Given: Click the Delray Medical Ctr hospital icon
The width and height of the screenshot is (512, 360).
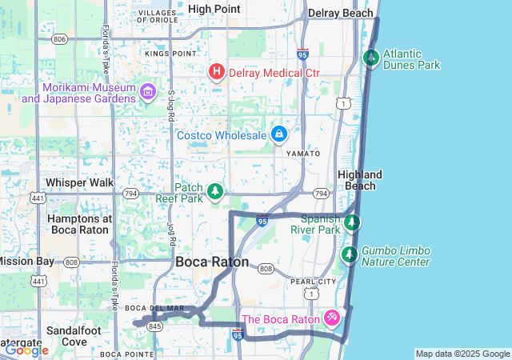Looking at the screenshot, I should pos(216,72).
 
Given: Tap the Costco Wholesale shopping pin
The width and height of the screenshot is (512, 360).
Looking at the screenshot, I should pos(278,134).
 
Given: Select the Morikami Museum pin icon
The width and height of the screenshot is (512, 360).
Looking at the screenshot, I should pos(147,91).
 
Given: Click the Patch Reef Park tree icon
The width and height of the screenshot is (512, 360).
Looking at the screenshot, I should pos(214,192).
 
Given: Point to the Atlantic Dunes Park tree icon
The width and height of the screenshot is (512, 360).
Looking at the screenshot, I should pos(370,58).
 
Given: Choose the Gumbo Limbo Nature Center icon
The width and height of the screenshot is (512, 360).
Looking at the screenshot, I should pos(350,255).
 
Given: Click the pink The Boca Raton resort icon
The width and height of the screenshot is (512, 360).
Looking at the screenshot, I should pos(331,318).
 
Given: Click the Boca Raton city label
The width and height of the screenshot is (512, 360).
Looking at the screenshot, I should pos(212,262).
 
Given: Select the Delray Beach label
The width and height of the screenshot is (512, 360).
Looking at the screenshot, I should pos(341,13).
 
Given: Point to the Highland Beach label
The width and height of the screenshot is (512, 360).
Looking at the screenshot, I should pos(360,180).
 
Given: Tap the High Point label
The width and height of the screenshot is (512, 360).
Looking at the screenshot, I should pos(214,9).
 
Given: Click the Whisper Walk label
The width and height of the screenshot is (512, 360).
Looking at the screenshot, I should pos(80,182).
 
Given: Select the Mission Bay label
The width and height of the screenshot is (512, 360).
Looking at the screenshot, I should pos(27,261).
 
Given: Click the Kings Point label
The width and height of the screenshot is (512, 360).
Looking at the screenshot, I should pos(170,53).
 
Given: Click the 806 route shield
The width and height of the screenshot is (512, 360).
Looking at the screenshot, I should pos(59,38).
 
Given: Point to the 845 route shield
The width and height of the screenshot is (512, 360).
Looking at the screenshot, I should pos(154,326).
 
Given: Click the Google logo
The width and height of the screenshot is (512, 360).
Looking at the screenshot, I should pos(26,350).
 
